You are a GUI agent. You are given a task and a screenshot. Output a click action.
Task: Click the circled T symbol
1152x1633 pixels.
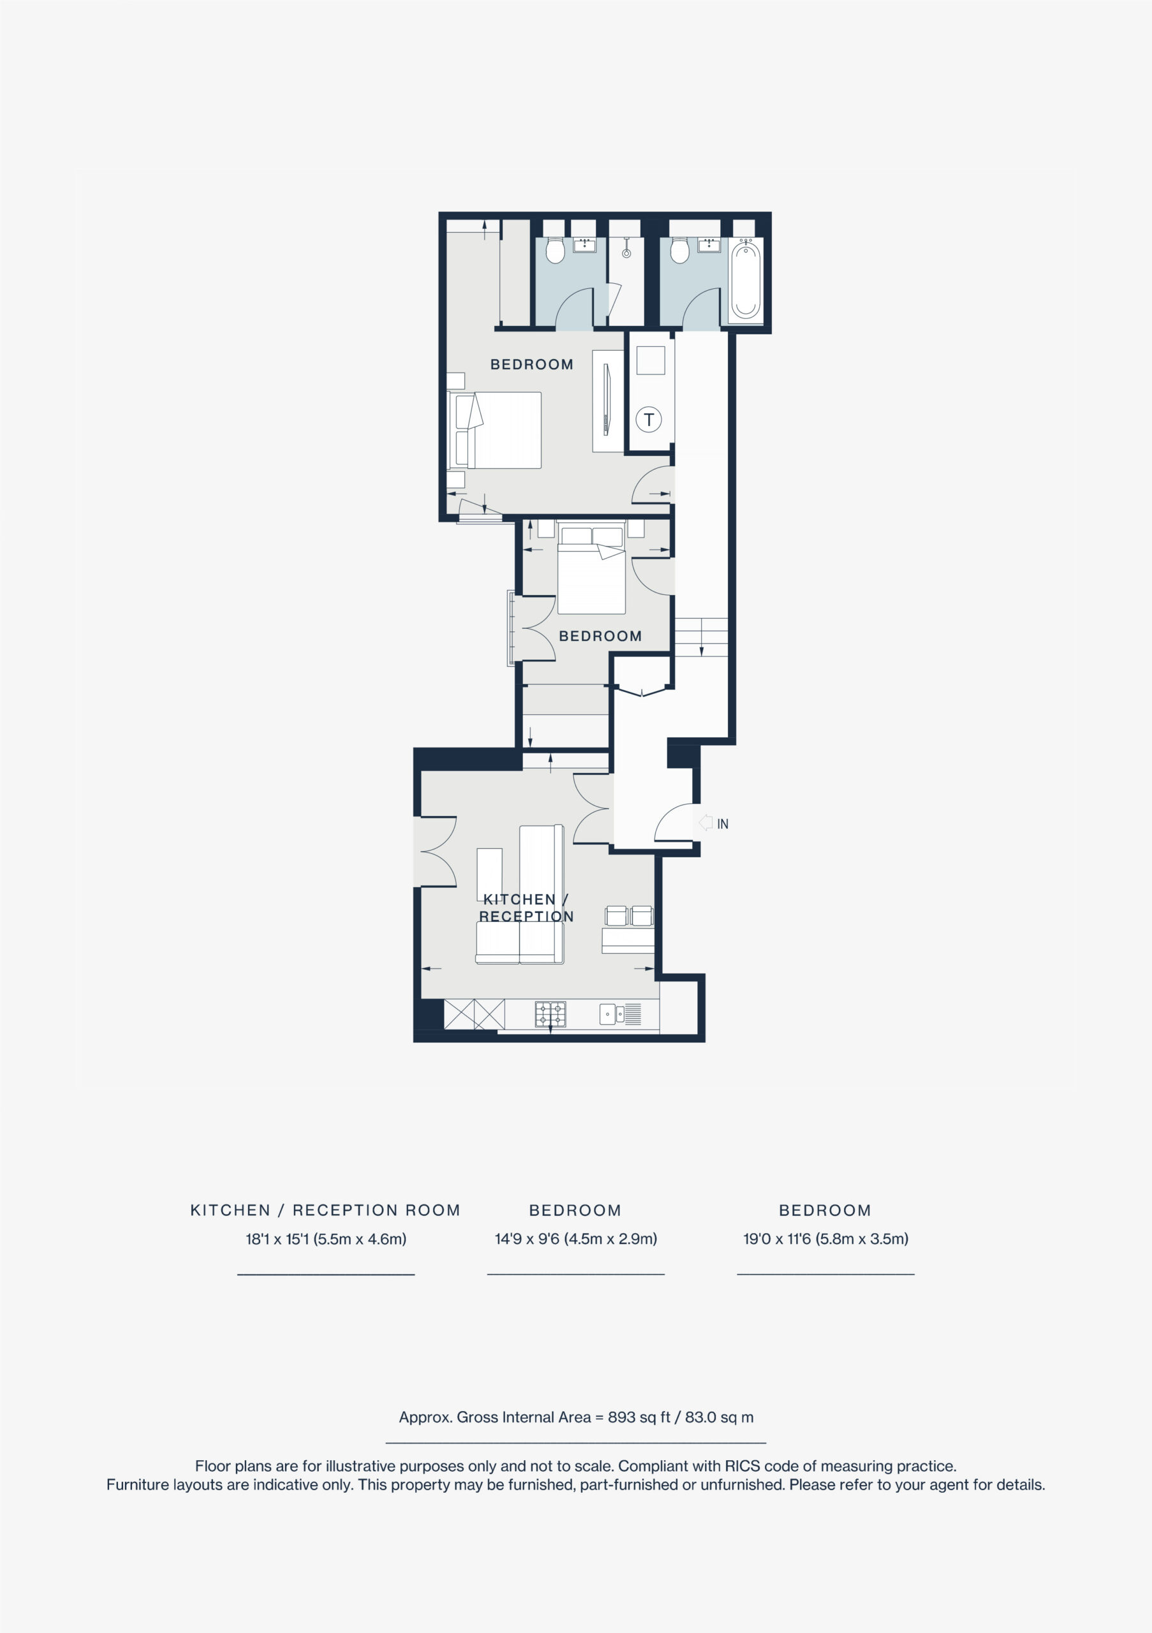click(x=648, y=419)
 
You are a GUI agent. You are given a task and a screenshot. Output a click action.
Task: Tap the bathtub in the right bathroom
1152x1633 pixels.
click(x=745, y=279)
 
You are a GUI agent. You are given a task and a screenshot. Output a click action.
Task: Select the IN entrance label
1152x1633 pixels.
click(x=723, y=824)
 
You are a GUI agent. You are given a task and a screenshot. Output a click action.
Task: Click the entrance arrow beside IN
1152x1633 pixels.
click(x=705, y=823)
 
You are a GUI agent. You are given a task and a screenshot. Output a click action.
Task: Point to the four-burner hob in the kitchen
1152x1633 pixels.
click(x=550, y=1014)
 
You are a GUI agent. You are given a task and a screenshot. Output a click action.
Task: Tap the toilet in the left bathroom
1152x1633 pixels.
click(x=555, y=249)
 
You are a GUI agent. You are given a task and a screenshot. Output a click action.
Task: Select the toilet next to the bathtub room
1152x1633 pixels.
click(x=680, y=249)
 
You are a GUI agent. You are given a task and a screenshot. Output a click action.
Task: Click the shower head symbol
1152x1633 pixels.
click(x=626, y=249)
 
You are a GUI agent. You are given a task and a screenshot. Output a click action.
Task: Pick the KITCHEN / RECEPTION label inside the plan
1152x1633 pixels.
click(x=526, y=908)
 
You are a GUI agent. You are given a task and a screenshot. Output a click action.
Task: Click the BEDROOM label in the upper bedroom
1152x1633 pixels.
click(x=532, y=365)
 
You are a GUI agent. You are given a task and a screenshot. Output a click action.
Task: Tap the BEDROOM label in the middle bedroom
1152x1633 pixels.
click(x=600, y=637)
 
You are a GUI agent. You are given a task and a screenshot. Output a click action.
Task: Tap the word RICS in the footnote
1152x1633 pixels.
click(x=742, y=1466)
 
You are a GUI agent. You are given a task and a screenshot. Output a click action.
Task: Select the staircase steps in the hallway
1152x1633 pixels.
click(x=701, y=637)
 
